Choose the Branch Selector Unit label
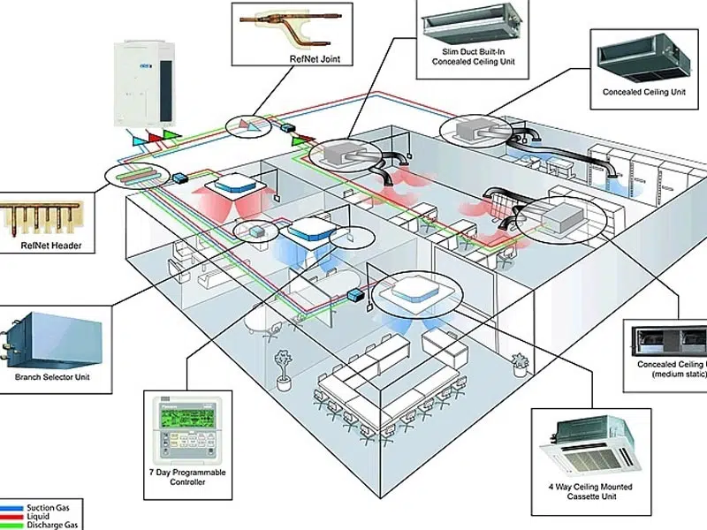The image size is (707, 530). click(x=52, y=377)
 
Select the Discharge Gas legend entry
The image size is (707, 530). click(x=50, y=525)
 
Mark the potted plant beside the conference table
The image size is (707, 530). click(x=284, y=369)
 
